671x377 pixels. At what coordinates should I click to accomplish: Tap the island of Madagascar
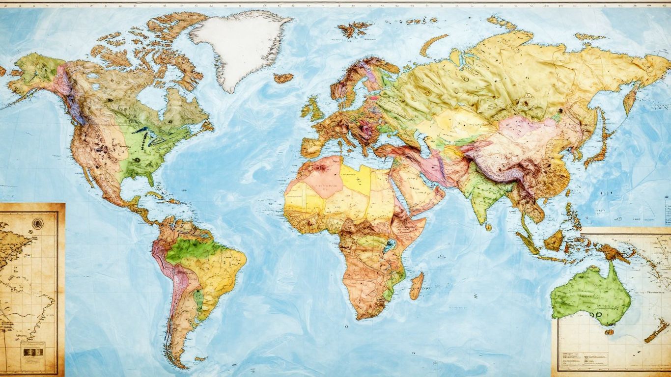point(417,286)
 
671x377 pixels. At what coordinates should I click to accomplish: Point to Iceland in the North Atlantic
point(283,78)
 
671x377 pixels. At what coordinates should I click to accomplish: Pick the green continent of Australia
point(589,295)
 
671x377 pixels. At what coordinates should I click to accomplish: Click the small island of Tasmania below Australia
point(609,332)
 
